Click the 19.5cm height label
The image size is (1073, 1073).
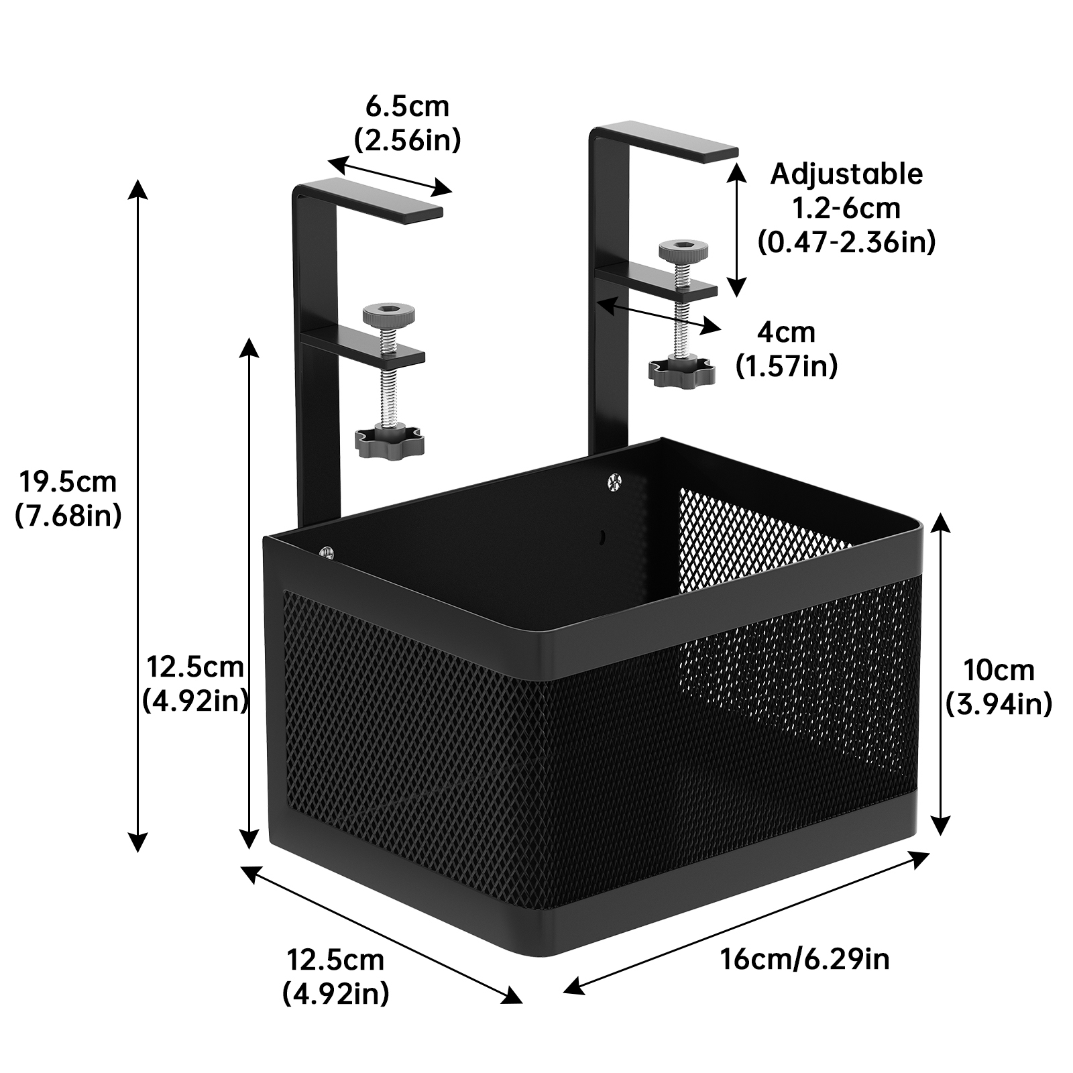click(68, 498)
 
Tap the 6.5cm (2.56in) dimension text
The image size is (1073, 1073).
click(407, 123)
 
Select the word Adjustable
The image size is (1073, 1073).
click(846, 174)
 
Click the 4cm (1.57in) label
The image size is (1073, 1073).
click(786, 349)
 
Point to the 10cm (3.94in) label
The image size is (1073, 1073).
click(999, 687)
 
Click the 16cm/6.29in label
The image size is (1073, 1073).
click(805, 958)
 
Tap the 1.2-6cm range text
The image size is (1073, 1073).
click(846, 209)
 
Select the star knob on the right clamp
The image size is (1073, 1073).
click(681, 371)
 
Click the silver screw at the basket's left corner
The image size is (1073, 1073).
click(327, 551)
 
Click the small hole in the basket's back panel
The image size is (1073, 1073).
click(602, 536)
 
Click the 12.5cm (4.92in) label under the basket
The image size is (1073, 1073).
click(335, 976)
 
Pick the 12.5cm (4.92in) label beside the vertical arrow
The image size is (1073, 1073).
click(195, 684)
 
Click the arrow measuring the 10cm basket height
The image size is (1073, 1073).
click(942, 674)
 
